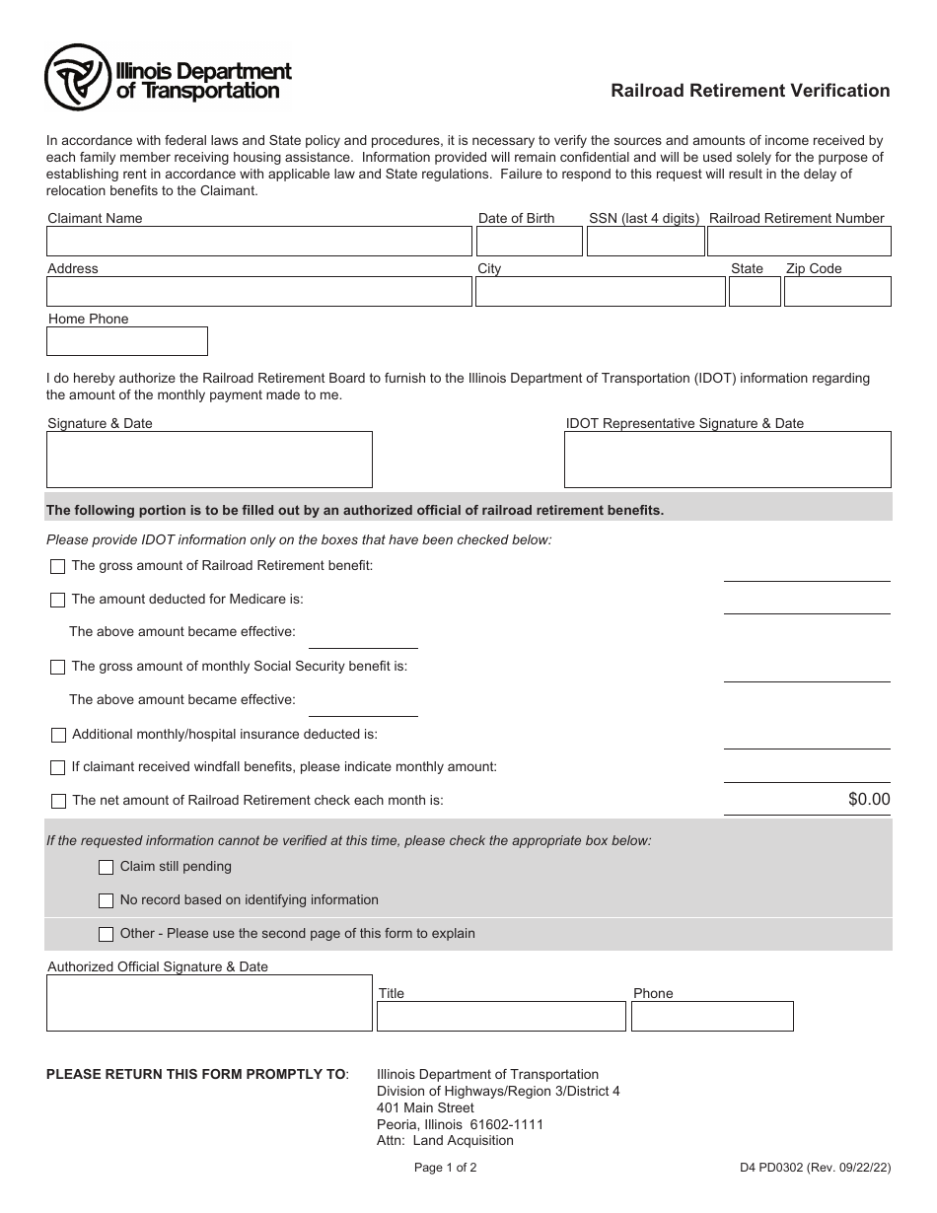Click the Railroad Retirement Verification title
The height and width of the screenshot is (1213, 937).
click(750, 91)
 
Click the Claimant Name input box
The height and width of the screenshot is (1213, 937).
click(258, 242)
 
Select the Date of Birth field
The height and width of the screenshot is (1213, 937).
click(529, 242)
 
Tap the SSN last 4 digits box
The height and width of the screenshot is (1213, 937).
click(645, 242)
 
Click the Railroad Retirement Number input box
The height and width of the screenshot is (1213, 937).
click(799, 242)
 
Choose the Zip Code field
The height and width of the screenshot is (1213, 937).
click(837, 291)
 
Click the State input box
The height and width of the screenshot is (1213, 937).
click(755, 291)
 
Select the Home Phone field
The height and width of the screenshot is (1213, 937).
click(127, 341)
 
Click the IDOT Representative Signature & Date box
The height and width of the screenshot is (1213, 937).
click(727, 460)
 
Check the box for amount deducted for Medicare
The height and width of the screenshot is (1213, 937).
click(58, 600)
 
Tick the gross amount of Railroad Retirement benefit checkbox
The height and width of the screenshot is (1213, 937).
click(58, 566)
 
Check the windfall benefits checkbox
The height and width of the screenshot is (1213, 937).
click(58, 767)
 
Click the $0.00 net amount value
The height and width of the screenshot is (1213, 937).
click(868, 800)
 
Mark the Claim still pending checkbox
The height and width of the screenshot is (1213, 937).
click(107, 868)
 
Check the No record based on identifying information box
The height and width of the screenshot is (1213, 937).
click(107, 901)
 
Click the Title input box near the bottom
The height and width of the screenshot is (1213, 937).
click(501, 1017)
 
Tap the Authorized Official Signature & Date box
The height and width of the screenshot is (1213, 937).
click(209, 1003)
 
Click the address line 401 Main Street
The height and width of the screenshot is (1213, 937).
click(425, 1107)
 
